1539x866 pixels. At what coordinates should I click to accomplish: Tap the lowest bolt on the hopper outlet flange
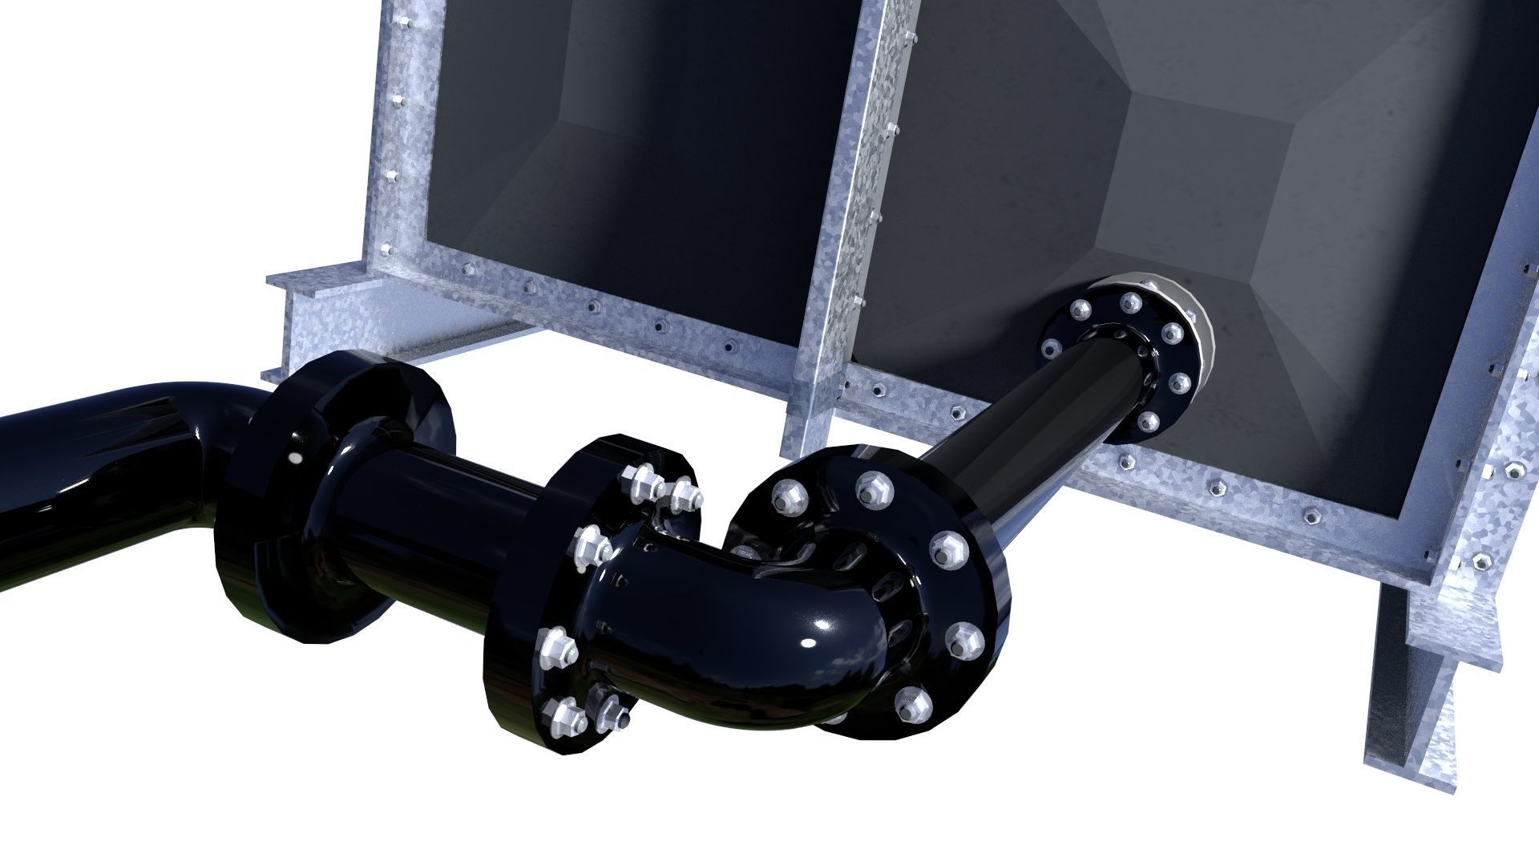click(x=1147, y=422)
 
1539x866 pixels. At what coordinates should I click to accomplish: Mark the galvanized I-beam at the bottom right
click(x=1419, y=706)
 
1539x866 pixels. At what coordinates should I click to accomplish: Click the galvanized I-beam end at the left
click(x=305, y=321)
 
